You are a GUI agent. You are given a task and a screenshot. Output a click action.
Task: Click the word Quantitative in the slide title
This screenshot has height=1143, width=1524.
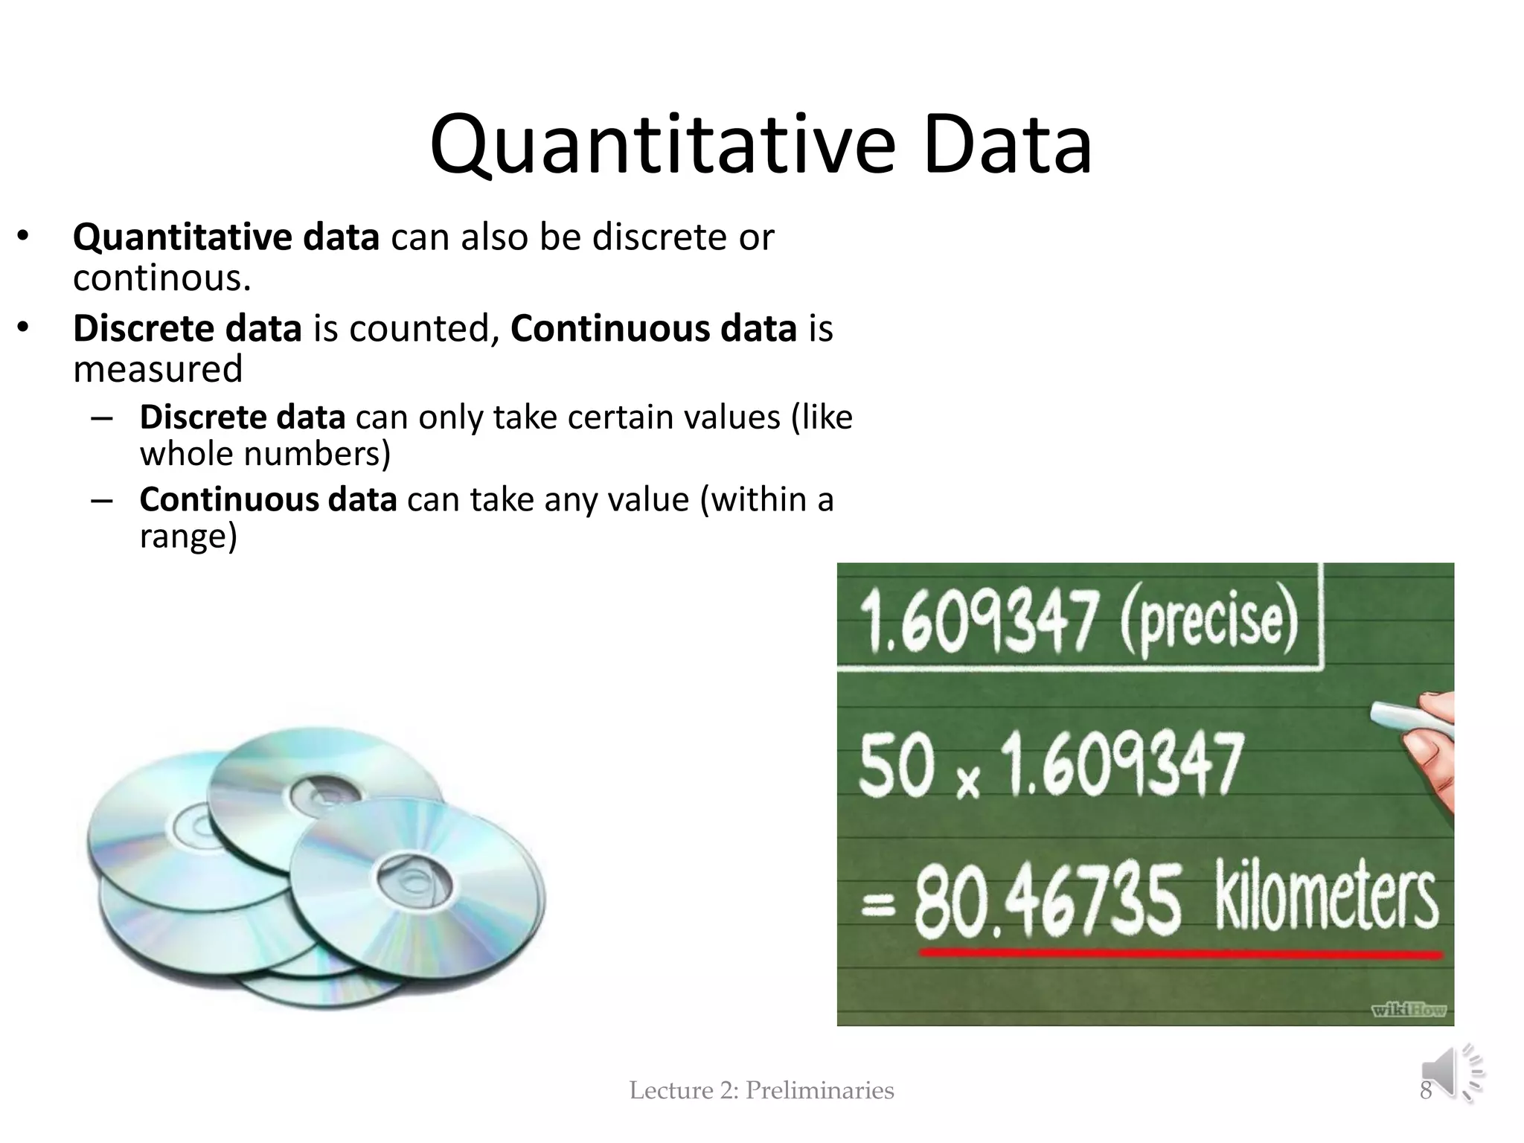(662, 146)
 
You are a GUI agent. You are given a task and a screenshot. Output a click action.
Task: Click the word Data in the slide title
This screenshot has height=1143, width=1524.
(1008, 146)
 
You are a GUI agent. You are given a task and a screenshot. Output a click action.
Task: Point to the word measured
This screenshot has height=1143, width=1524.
(158, 369)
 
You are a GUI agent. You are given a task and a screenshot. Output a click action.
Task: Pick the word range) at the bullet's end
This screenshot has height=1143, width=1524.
(188, 537)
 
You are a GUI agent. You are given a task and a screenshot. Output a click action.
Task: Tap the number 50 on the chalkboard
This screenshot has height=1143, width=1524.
(897, 765)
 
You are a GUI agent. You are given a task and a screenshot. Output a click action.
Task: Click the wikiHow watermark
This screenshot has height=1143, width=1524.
(1408, 1010)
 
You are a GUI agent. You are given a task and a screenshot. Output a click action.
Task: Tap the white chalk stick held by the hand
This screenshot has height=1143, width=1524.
(1410, 715)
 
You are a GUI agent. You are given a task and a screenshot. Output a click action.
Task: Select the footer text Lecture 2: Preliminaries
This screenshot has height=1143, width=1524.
(761, 1090)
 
